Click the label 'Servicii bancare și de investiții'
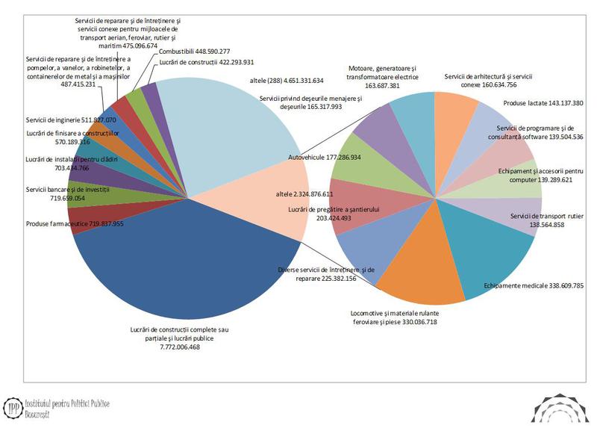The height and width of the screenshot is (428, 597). tap(67, 190)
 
